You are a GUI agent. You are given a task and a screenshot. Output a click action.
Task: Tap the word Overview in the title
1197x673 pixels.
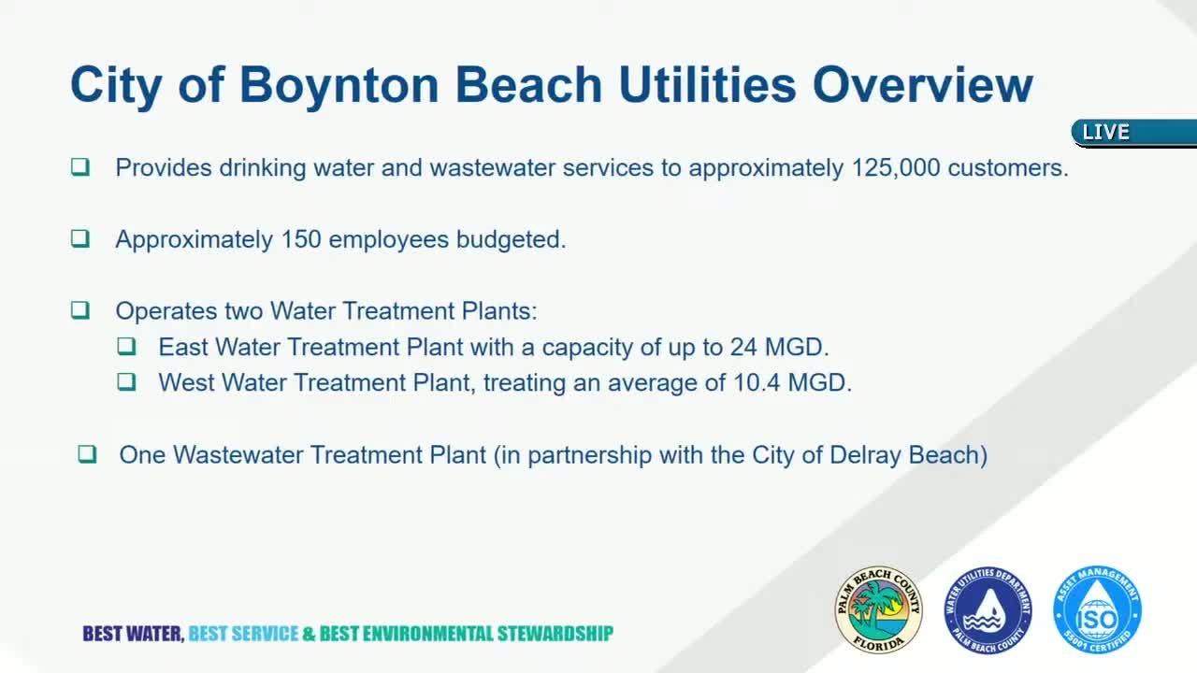[922, 85]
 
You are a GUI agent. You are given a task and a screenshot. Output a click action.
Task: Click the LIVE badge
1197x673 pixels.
[1106, 133]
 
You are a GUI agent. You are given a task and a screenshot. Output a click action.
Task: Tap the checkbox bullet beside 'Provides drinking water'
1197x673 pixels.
[80, 167]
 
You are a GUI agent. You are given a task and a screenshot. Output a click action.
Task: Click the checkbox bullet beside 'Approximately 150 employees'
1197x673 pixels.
[80, 238]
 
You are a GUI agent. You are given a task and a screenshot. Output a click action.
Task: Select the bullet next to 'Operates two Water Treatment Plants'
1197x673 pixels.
[80, 309]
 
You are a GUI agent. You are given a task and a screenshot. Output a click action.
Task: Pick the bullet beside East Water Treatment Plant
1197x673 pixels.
[126, 346]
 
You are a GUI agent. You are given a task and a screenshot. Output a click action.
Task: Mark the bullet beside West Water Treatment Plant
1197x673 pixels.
[126, 381]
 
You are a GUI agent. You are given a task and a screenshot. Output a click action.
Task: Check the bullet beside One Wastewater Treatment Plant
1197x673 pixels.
[87, 454]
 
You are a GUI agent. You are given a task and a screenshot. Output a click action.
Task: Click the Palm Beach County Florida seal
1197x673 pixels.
[878, 609]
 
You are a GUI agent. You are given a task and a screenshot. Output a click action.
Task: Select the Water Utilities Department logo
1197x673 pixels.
[988, 609]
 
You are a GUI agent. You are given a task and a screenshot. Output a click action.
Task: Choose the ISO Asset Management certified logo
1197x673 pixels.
[1097, 609]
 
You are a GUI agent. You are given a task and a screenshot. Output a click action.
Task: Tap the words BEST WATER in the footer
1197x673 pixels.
[133, 634]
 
